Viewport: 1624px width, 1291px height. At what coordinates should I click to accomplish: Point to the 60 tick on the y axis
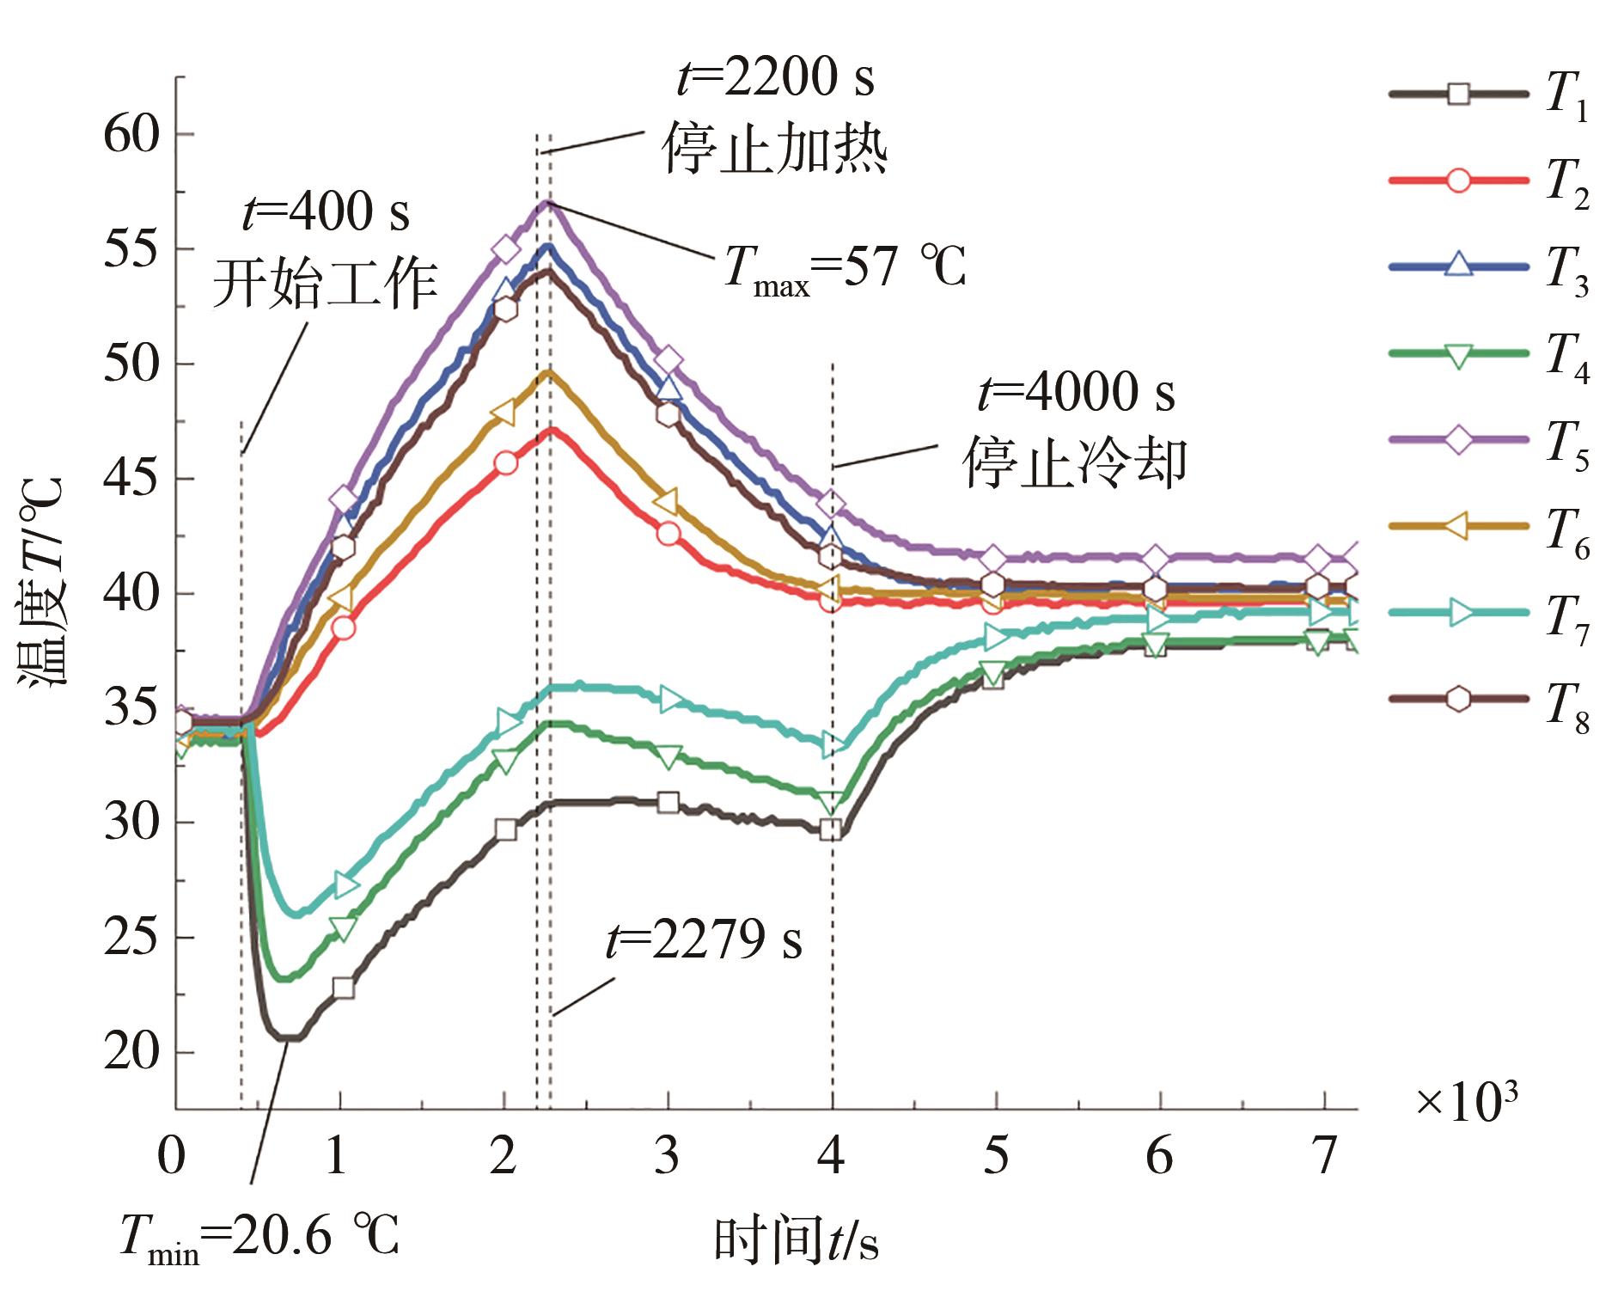131,135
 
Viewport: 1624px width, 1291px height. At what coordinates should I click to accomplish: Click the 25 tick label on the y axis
131,936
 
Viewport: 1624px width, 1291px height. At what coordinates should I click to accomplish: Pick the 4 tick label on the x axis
830,1156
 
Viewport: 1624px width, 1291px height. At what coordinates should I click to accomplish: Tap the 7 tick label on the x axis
1324,1156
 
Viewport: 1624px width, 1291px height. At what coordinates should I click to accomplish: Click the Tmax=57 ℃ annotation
846,267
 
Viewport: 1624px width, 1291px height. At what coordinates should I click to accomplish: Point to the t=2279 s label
704,939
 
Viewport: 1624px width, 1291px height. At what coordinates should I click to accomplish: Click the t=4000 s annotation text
1076,393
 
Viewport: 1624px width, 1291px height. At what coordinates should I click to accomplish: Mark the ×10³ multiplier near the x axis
1466,1102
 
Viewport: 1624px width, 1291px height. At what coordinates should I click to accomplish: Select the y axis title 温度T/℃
41,584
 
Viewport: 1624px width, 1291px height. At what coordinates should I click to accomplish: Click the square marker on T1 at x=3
668,803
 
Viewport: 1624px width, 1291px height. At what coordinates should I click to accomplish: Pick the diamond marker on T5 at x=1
343,499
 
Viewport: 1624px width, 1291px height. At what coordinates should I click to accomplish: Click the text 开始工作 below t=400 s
325,284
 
